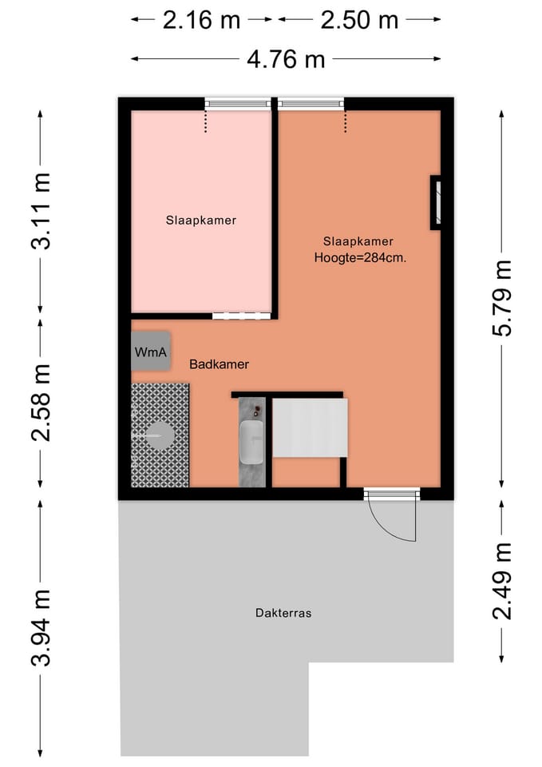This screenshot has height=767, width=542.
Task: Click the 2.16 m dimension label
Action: [201, 20]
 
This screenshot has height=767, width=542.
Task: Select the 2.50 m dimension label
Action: [359, 20]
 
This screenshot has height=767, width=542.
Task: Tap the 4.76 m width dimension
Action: [285, 58]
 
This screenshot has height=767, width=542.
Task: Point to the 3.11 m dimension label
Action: [42, 211]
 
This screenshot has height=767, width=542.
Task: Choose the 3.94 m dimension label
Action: [42, 626]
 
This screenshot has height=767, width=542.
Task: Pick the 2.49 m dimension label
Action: [501, 580]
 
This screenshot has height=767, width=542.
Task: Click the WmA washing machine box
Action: [151, 352]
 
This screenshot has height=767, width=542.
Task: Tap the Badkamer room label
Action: [219, 364]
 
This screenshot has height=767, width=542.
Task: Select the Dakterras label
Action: [283, 614]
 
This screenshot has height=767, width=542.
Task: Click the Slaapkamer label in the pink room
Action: [201, 220]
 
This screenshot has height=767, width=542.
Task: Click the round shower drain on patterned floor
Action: [160, 435]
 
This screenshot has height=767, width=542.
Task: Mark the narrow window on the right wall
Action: [436, 203]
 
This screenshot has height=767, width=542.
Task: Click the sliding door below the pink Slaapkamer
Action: [241, 316]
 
